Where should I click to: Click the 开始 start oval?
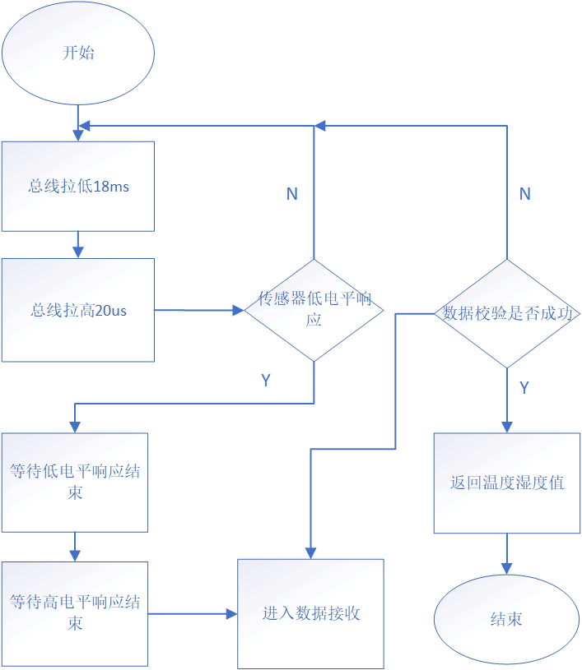78,53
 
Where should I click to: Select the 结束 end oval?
506,619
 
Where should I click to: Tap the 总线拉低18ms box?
78,187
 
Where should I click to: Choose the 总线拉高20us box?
78,310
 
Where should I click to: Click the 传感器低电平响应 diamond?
314,310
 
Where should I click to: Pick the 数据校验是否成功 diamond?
507,313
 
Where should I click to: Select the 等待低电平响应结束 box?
75,482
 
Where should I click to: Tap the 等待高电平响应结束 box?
75,613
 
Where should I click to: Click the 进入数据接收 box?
311,613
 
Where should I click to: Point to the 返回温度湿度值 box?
507,483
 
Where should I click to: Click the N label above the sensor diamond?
292,194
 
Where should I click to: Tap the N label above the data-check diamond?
524,194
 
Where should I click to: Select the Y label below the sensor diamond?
267,381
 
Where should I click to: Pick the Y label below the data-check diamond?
524,387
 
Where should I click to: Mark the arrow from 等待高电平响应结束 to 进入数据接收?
193,613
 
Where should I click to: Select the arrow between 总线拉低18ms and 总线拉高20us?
78,244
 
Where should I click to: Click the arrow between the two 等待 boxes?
75,547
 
